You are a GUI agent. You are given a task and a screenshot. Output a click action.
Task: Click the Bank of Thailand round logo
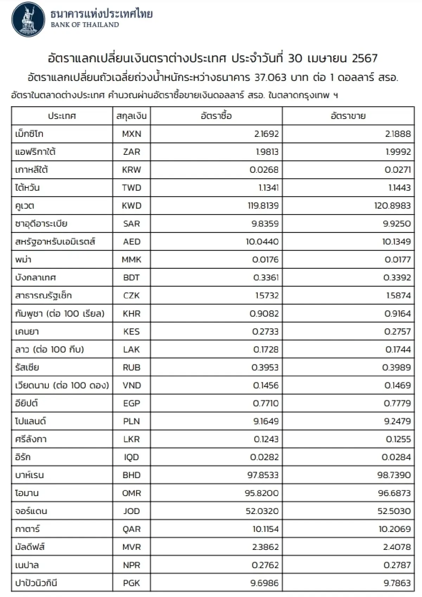(x=28, y=20)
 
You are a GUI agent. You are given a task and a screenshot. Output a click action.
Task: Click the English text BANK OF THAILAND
(x=85, y=25)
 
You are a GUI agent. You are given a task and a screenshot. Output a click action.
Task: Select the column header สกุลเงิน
(x=132, y=116)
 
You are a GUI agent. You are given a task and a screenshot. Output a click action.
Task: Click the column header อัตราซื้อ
(x=216, y=116)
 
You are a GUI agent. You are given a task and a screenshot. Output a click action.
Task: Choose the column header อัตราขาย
(x=348, y=116)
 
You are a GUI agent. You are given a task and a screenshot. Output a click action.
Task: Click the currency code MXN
(x=132, y=134)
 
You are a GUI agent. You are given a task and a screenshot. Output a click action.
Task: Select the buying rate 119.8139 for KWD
(x=263, y=206)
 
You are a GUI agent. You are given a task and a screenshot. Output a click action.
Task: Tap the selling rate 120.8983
(x=392, y=206)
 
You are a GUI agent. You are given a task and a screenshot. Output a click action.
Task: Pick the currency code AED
(x=132, y=242)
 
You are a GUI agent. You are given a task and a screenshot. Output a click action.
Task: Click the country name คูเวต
(x=25, y=206)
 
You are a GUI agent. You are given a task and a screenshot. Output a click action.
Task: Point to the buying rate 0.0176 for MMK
(x=265, y=260)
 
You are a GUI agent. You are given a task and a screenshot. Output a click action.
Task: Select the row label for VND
(x=62, y=385)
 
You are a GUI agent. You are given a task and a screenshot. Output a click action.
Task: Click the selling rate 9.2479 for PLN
(x=397, y=421)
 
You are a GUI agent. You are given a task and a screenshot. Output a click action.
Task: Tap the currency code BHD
(x=132, y=475)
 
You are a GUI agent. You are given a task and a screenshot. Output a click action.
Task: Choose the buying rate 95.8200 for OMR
(x=262, y=493)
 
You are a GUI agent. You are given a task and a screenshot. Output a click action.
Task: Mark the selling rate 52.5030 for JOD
(x=394, y=511)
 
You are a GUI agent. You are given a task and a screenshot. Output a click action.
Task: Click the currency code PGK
(x=132, y=583)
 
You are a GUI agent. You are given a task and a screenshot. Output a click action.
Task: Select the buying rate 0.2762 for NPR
(x=265, y=565)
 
